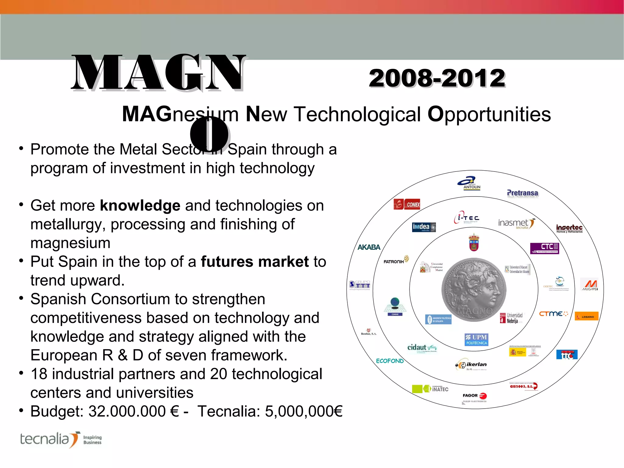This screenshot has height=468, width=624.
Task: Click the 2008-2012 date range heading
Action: point(437,78)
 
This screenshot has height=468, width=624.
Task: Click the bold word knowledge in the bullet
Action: point(140,205)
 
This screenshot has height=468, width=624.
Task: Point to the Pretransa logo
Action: point(522,193)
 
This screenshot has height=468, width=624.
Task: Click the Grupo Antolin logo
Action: point(469,183)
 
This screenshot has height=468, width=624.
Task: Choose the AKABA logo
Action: point(369,247)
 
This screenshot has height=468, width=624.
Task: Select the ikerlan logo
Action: point(472,365)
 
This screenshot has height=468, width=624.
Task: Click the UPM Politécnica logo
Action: point(477,339)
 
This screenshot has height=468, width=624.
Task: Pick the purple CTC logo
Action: point(544,248)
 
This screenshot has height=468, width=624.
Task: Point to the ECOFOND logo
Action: point(390,361)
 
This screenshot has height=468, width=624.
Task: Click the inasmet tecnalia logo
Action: point(516,224)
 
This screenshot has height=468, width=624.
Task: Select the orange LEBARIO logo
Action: point(587,317)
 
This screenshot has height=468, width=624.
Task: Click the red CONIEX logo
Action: point(407,204)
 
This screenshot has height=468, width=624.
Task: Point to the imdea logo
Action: point(424,227)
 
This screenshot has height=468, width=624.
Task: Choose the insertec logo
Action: point(569,228)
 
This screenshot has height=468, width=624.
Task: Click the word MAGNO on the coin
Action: point(475,311)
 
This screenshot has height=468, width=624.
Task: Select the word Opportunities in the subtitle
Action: point(489,115)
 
